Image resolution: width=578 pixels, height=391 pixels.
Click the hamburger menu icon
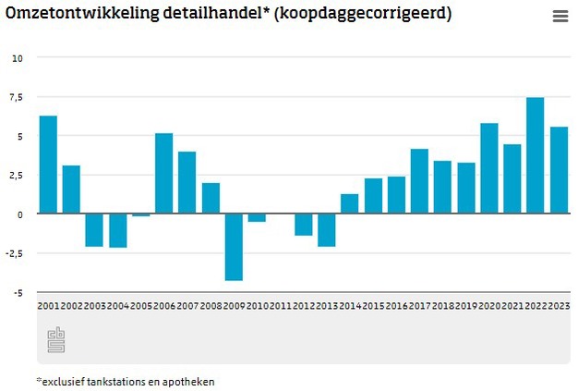click(560, 17)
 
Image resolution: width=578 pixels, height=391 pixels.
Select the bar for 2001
click(48, 165)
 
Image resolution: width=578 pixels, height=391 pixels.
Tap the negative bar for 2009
click(234, 247)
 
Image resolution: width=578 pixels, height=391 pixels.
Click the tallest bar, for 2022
click(536, 155)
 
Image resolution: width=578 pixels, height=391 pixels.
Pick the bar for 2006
click(164, 173)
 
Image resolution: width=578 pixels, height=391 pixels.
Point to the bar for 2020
click(489, 168)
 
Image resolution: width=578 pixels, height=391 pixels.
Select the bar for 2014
click(350, 203)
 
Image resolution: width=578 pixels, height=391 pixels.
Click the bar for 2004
click(117, 230)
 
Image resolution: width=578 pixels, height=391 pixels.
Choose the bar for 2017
click(419, 181)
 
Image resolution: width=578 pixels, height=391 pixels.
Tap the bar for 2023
click(559, 170)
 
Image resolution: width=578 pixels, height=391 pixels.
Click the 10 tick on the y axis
click(18, 58)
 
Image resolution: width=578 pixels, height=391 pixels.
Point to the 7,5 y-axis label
click(18, 97)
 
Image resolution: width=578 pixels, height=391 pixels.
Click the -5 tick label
click(18, 293)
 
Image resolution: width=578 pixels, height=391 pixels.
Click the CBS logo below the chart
click(55, 339)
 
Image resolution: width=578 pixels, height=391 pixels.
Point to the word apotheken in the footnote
click(190, 381)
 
